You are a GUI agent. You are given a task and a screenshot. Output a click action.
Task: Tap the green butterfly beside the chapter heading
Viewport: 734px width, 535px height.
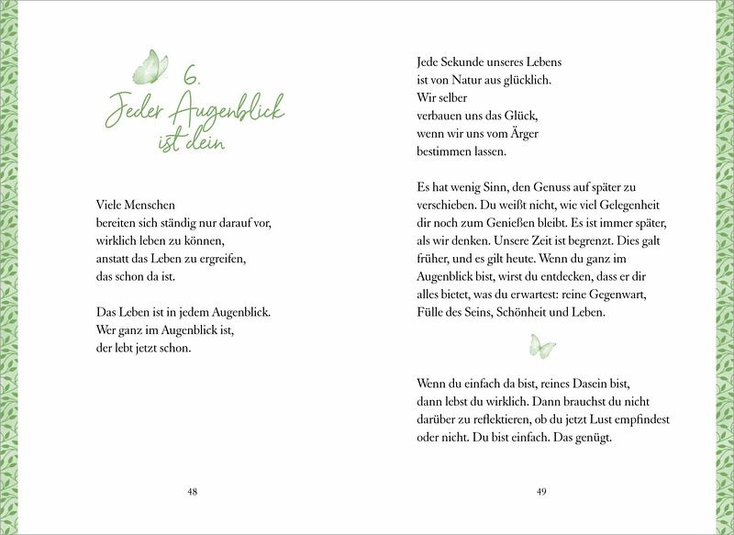point(150,67)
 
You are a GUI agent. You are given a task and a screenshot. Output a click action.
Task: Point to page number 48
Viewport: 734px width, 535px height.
point(192,492)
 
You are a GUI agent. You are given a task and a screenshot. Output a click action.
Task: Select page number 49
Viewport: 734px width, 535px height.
point(541,492)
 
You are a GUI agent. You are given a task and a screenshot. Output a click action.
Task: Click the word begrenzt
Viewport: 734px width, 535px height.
point(573,240)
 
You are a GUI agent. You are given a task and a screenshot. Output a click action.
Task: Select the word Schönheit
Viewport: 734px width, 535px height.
point(528,312)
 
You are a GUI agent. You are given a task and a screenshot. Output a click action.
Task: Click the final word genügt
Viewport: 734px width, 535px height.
point(591,437)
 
